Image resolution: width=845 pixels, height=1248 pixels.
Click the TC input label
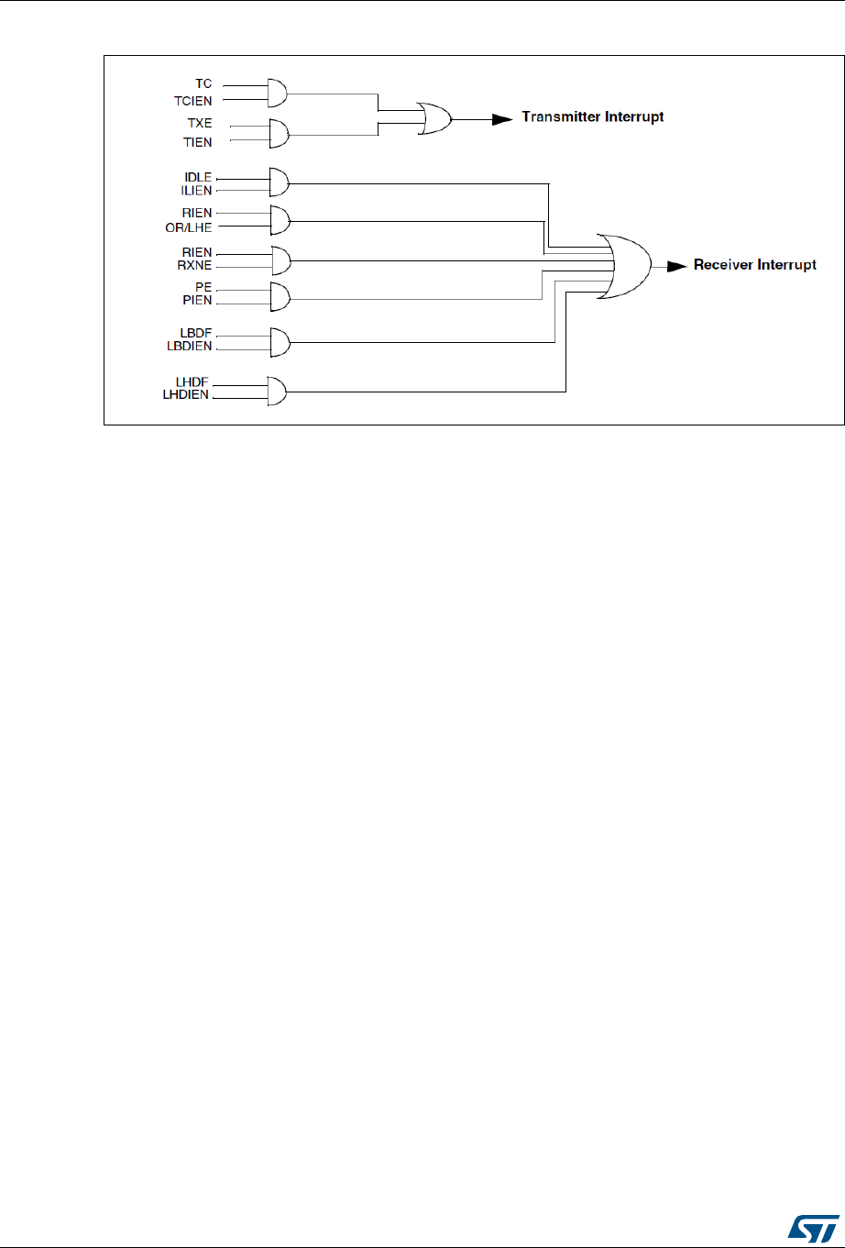click(203, 83)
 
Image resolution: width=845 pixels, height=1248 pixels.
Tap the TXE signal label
click(201, 125)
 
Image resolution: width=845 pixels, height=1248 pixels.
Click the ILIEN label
click(197, 190)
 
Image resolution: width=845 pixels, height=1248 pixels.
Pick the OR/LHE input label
click(192, 227)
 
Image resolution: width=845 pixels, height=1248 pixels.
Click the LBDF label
click(197, 334)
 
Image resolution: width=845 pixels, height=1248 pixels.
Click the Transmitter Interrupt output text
click(592, 117)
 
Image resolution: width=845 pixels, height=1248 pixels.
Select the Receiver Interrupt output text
click(754, 265)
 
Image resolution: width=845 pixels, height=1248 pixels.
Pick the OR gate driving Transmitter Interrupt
click(433, 118)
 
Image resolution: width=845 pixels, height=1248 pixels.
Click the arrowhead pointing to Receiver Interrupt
click(678, 266)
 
